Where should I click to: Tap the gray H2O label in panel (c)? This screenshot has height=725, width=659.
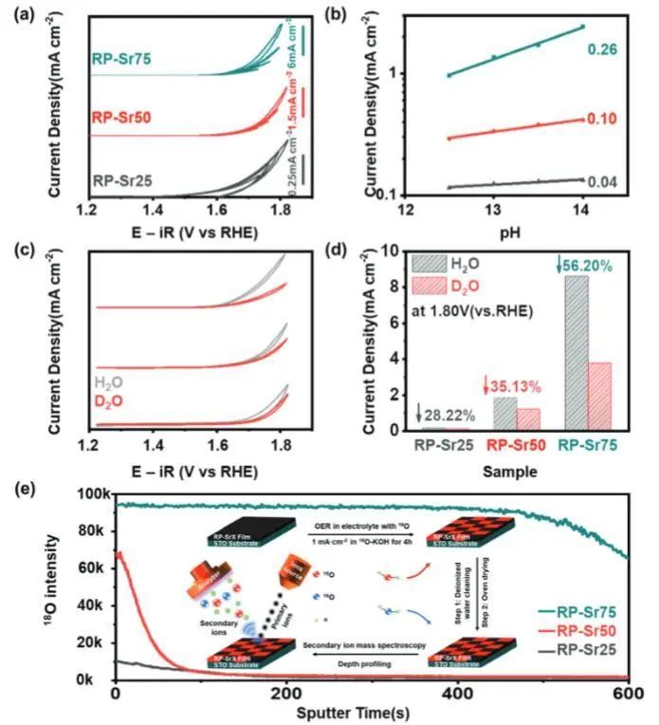pos(110,383)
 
